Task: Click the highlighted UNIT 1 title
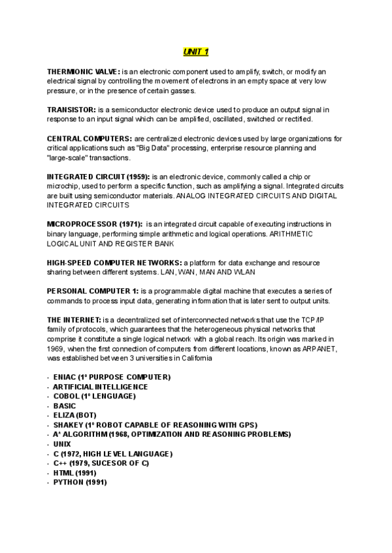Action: tap(195, 52)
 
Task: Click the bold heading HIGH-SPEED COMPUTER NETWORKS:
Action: tap(107, 262)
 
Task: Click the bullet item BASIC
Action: tap(65, 406)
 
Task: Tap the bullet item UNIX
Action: tap(63, 443)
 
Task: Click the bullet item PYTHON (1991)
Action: tap(80, 482)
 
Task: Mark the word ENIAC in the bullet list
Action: tap(64, 377)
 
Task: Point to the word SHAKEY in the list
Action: tap(68, 425)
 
